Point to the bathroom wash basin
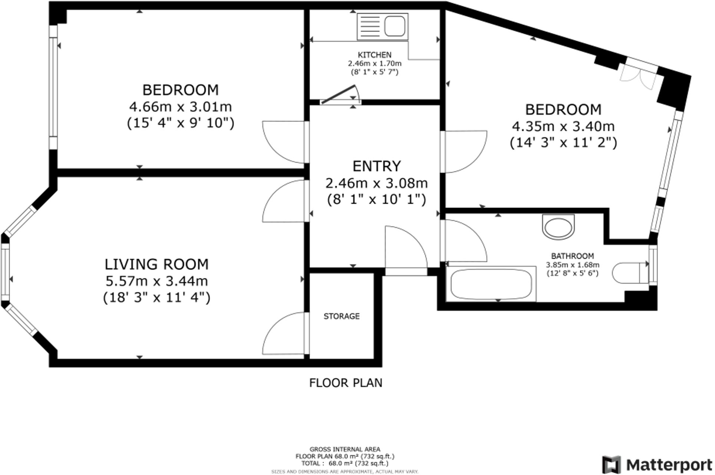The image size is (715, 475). point(558,226)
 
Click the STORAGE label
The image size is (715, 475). point(342,316)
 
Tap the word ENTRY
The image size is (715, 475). point(376,166)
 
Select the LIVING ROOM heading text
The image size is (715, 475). point(156,264)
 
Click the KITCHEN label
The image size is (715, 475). point(375,55)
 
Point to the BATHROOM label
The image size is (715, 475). point(572,256)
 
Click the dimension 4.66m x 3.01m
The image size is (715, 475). point(180,107)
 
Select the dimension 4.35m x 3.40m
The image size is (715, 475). point(563,127)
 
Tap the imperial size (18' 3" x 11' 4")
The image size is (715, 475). point(156,297)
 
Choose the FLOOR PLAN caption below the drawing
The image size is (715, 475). point(346,383)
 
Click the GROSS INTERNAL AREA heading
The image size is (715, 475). point(345,449)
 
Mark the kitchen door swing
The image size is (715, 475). point(340,94)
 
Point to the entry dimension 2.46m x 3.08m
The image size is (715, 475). point(376,183)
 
